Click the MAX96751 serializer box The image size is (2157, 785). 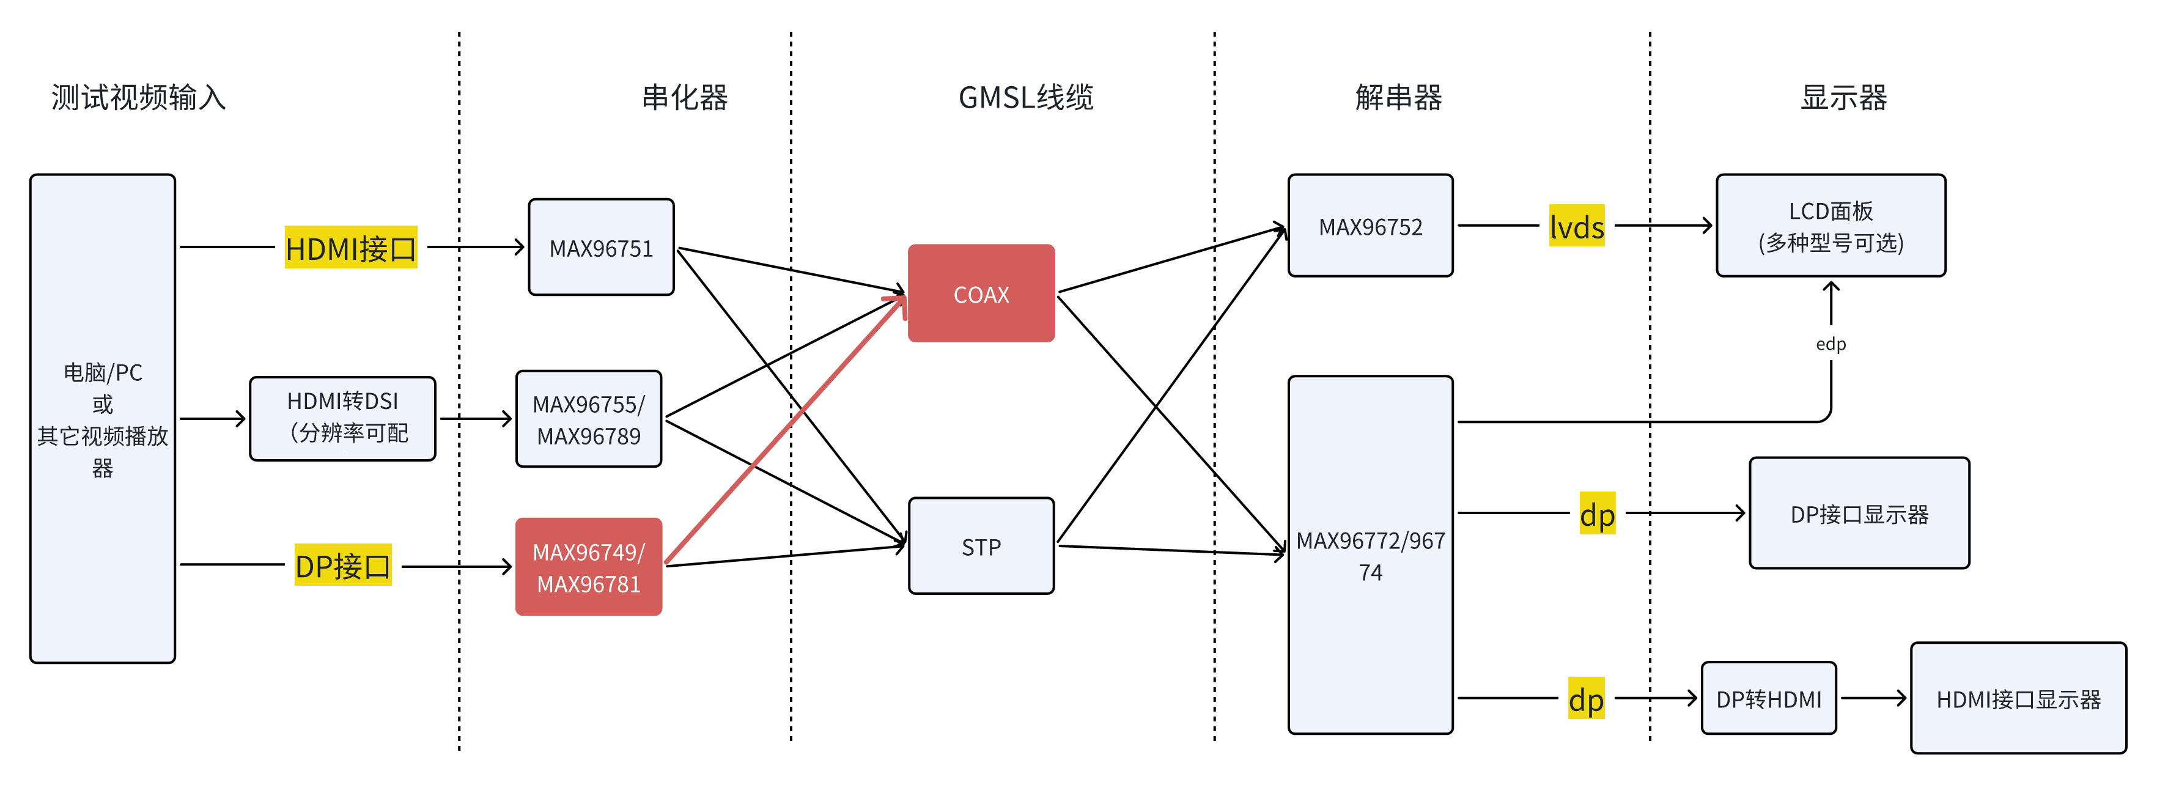601,248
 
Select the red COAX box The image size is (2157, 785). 981,293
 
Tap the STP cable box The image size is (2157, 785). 981,547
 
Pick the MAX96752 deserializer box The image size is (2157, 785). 1370,226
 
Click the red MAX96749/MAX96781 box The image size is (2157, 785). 589,567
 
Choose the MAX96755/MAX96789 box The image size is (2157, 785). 589,419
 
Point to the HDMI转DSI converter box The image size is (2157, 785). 342,418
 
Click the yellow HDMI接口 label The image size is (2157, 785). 351,248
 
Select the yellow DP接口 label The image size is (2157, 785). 342,566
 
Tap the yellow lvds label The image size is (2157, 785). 1576,226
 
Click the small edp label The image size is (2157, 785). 1831,344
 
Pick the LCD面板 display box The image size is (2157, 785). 1831,226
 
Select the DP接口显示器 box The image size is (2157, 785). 1859,514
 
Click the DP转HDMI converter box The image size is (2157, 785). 1769,699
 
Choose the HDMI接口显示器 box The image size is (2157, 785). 2018,699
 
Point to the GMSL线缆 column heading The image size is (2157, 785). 1026,98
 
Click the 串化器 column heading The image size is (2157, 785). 685,98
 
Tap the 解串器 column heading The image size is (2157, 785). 1398,98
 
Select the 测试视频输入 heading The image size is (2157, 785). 139,98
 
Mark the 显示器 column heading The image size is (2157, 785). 1844,98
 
